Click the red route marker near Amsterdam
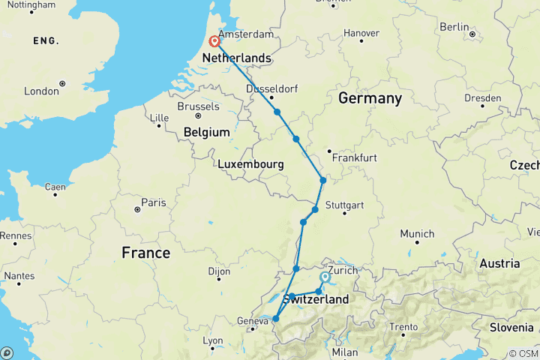point(214,42)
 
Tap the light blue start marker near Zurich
point(325,277)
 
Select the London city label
point(42,91)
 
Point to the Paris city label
point(154,202)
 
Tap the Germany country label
point(370,98)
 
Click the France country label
point(145,253)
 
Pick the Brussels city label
point(198,106)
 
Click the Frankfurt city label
point(356,158)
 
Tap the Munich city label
point(417,234)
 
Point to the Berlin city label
point(454,26)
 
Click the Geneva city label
point(252,322)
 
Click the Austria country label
point(499,263)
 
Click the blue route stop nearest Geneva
point(275,319)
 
